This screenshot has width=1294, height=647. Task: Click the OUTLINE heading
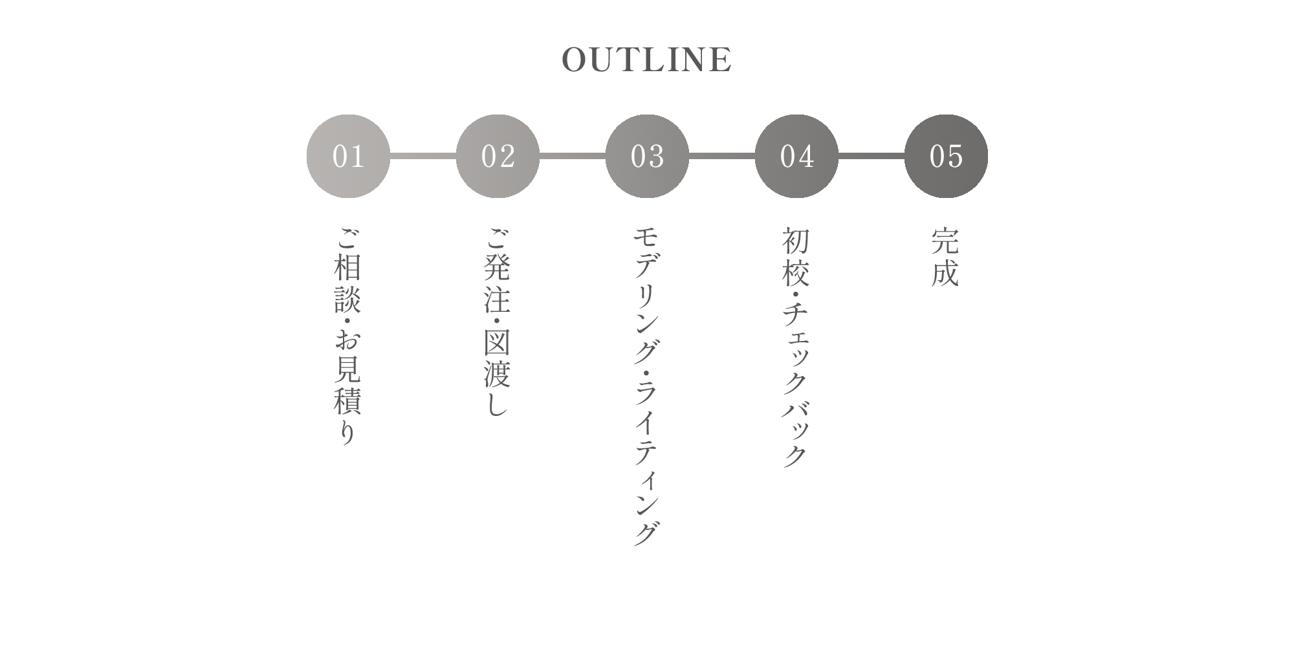(x=647, y=60)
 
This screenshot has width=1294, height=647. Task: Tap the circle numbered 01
(x=348, y=156)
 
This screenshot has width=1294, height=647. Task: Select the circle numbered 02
(x=498, y=156)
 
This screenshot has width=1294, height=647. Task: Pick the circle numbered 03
(x=647, y=156)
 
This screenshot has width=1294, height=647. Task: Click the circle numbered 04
(x=796, y=156)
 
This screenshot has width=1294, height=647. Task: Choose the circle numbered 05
(x=946, y=156)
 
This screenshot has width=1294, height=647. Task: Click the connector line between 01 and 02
(x=423, y=156)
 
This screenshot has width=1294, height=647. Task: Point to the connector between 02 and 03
(x=573, y=156)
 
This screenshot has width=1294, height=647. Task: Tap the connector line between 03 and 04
(x=722, y=156)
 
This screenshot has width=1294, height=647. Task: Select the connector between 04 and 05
(x=872, y=156)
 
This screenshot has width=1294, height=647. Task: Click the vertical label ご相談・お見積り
(x=348, y=336)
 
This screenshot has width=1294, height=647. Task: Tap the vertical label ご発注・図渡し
(x=498, y=322)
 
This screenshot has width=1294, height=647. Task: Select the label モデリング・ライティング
(x=647, y=386)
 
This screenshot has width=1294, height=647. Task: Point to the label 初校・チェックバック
(x=796, y=347)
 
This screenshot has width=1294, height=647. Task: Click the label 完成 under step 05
(x=945, y=257)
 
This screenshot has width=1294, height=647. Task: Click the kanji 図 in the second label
(x=498, y=343)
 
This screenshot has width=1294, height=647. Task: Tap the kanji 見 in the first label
(x=348, y=368)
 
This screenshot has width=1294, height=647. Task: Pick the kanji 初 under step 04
(x=796, y=240)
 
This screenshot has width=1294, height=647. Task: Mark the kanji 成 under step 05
(x=945, y=273)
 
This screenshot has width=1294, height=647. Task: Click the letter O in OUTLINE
(x=575, y=60)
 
